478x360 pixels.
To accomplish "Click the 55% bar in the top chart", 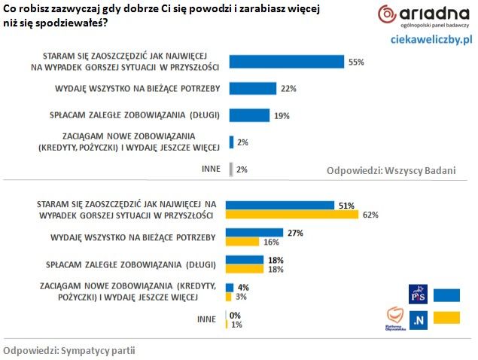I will click(x=286, y=63).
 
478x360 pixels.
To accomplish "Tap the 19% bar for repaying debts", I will click(x=248, y=115).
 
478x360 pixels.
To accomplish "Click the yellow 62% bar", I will click(x=293, y=215).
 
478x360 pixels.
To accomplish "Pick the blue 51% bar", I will click(x=280, y=205).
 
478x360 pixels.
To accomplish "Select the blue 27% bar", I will click(x=254, y=233).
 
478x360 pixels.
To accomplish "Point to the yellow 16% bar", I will click(x=243, y=243).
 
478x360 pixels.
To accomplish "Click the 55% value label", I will click(x=356, y=63).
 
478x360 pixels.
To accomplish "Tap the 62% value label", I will click(x=370, y=215).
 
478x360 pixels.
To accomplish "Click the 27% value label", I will click(x=295, y=233).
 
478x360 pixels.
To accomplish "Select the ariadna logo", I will click(x=422, y=16).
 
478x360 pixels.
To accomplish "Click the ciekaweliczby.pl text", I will click(x=431, y=38).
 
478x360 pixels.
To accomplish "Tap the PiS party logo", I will click(x=417, y=292).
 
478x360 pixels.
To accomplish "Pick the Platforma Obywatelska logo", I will click(x=394, y=319).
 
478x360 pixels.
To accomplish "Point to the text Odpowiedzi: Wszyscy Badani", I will click(x=391, y=170).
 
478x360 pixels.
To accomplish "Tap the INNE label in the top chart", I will click(x=211, y=169).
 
